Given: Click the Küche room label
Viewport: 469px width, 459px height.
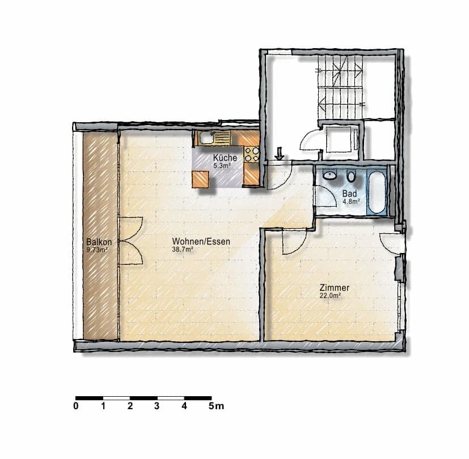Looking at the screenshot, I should point(225,158).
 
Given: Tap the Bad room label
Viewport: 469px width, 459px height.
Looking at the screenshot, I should point(349,193).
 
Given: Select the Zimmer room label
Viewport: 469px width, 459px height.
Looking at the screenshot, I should point(335,288).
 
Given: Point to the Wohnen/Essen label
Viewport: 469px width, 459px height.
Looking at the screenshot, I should point(201,242).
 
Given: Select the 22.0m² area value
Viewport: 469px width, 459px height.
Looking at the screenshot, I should point(329,295).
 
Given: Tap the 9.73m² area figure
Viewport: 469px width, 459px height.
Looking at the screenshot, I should point(97,249).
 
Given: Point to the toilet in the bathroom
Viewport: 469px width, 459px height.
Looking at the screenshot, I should point(351,177).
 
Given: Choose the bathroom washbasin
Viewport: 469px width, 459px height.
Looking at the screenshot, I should point(329,176).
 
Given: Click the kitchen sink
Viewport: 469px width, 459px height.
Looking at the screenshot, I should point(206,138).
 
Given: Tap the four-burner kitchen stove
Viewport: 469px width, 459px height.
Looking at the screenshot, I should point(252,155).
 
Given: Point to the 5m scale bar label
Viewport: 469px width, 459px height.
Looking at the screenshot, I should point(216,406).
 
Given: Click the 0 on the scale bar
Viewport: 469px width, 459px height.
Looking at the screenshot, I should point(76,406).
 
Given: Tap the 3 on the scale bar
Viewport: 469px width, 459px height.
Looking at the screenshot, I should point(157,406).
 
